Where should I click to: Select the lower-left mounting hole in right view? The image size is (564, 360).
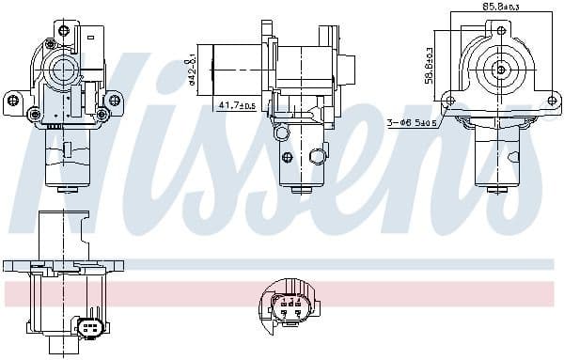[x=450, y=100]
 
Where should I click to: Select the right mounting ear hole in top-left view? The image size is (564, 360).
[x=115, y=97]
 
